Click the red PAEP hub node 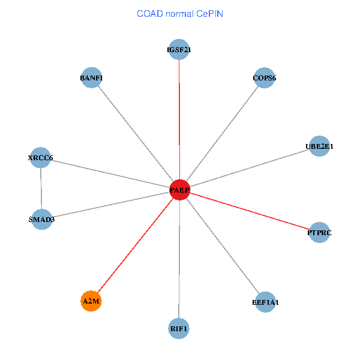pos(179,190)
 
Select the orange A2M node pos(91,301)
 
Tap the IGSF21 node pos(179,50)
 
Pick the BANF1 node pos(91,77)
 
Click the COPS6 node pos(264,77)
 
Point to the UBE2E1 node pos(319,146)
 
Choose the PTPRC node pos(319,232)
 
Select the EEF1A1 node pos(265,302)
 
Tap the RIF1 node pos(179,328)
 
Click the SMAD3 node pos(41,219)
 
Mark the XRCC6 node pos(40,158)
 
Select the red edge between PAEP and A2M pos(135,245)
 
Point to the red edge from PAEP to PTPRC pos(249,211)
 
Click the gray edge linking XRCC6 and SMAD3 pos(41,188)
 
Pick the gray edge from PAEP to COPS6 pos(222,134)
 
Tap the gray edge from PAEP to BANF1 pos(136,134)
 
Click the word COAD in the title pos(150,13)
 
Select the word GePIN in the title pos(209,13)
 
